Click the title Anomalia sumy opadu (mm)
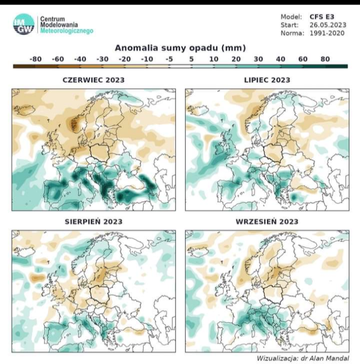180,49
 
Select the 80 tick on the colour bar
325,59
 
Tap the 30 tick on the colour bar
258,59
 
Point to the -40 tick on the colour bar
80,59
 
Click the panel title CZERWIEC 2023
94,80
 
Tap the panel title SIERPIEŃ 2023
94,221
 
